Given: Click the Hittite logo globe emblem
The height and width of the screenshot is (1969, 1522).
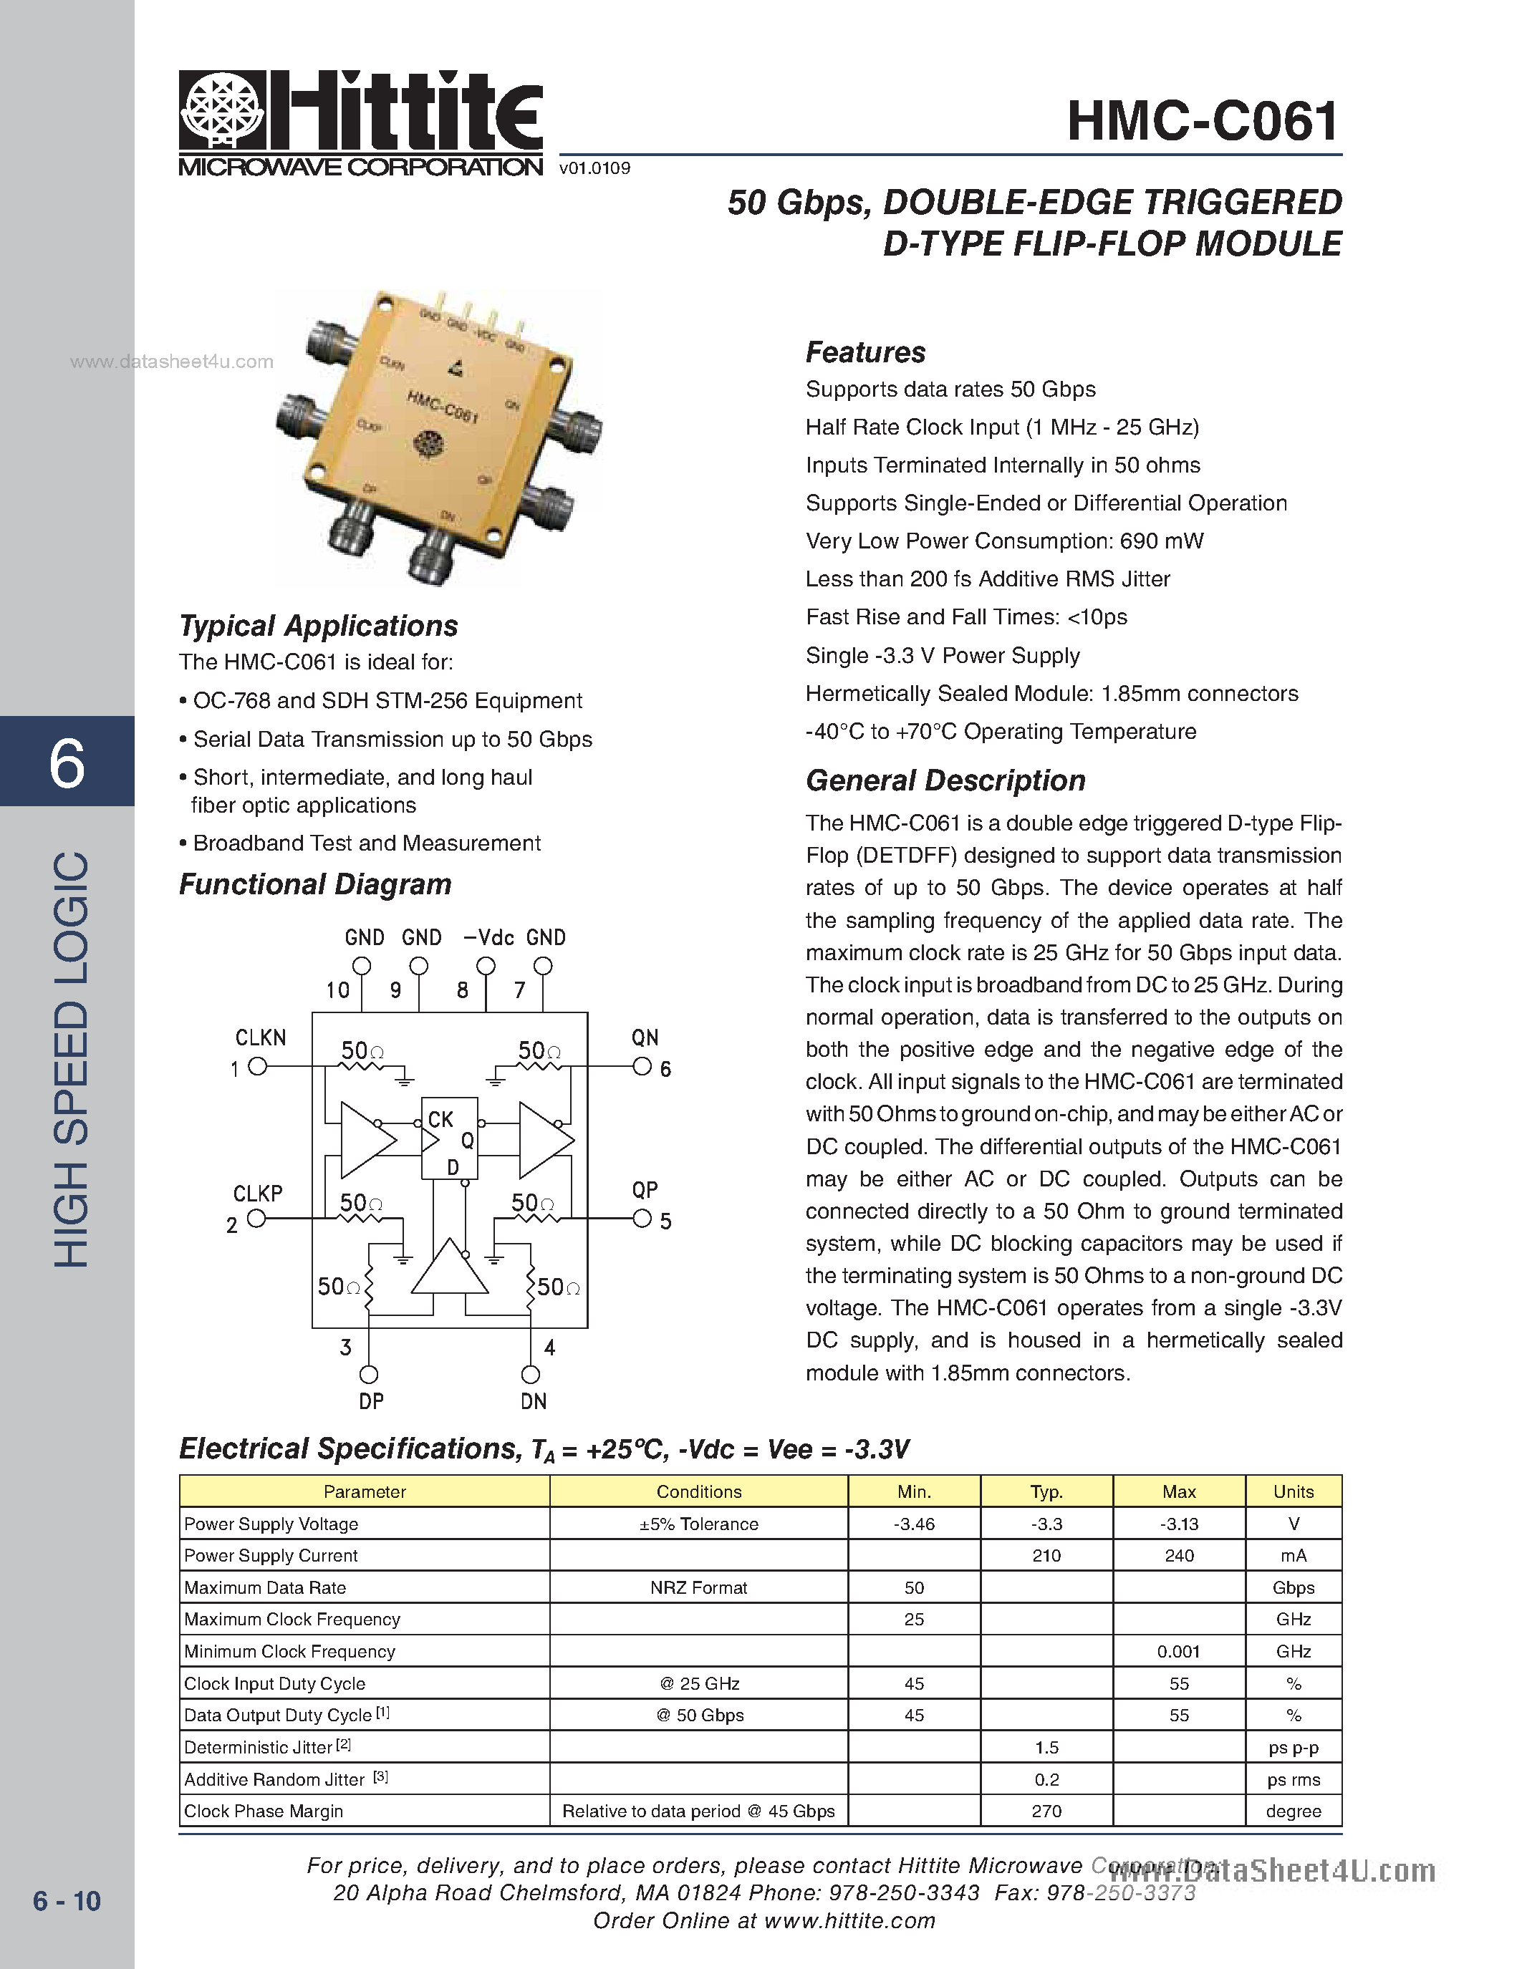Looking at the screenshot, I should pos(222,111).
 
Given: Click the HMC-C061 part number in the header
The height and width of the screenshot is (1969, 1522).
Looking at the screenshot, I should pos(1203,121).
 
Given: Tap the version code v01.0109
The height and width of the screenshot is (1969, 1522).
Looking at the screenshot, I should pos(594,168).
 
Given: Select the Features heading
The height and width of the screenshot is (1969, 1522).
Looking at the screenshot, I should pos(864,352).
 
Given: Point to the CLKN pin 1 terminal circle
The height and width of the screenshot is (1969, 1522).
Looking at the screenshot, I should pos(257,1067).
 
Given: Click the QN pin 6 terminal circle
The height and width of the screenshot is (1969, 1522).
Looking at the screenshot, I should pos(642,1067).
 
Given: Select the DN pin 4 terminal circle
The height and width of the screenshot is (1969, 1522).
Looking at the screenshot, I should pos(530,1374).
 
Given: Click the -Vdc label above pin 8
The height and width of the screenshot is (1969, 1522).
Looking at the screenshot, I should pos(488,938).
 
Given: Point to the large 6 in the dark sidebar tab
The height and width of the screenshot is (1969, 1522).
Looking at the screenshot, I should pos(67,763).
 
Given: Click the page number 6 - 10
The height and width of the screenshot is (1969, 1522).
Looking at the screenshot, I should pos(67,1900).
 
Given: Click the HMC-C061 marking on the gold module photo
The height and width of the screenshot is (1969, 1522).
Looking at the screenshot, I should pos(442,407).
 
